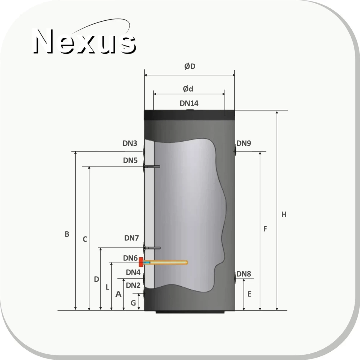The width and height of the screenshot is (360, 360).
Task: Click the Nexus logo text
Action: tap(84, 41)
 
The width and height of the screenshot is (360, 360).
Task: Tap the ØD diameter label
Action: tap(190, 66)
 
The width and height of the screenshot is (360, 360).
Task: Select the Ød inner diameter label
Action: tap(188, 89)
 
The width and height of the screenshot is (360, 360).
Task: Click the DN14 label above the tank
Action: tap(189, 103)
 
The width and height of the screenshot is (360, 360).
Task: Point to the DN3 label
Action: tap(130, 143)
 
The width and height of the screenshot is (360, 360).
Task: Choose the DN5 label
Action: tap(130, 160)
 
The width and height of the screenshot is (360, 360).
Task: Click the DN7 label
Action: tap(131, 238)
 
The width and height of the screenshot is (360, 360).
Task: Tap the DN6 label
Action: tap(130, 258)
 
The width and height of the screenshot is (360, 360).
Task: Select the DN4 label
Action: tap(133, 272)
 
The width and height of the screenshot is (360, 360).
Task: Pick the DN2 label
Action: tap(133, 285)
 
